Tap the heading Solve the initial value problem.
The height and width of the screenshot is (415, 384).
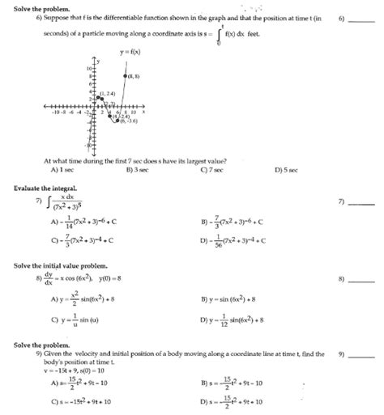pos(58,265)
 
